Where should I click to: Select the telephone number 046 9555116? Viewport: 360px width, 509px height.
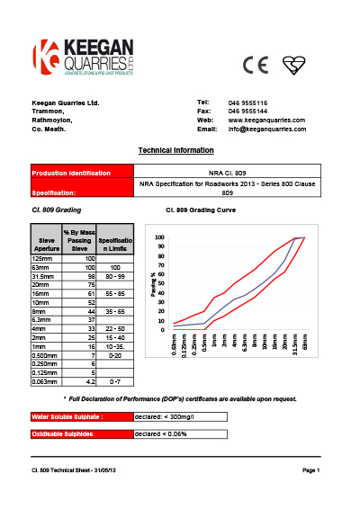(x=247, y=103)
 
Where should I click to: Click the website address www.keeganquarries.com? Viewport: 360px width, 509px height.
(x=266, y=120)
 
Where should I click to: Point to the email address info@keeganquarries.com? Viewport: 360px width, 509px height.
(x=267, y=129)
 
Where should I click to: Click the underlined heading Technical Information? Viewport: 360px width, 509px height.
(x=175, y=150)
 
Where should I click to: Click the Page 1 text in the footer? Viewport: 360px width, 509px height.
(x=311, y=471)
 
